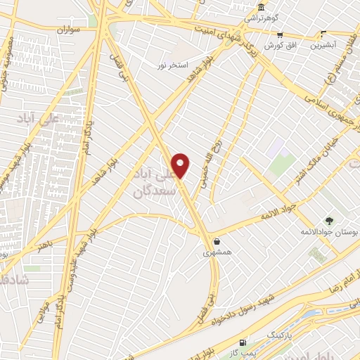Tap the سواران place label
(66, 32)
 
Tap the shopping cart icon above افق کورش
(280, 34)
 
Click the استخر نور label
(172, 65)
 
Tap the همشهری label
(217, 251)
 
